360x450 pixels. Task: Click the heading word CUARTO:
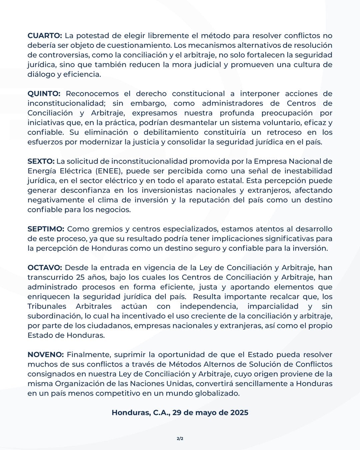[45, 36]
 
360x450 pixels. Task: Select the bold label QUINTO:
[44, 94]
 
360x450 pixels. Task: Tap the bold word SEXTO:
[41, 161]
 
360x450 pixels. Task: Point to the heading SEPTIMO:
[46, 229]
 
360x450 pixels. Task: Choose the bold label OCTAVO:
[45, 268]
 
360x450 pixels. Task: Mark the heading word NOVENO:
[45, 355]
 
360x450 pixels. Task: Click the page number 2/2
[180, 439]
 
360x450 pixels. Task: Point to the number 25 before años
[80, 277]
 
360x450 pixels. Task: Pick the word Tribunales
[47, 306]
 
